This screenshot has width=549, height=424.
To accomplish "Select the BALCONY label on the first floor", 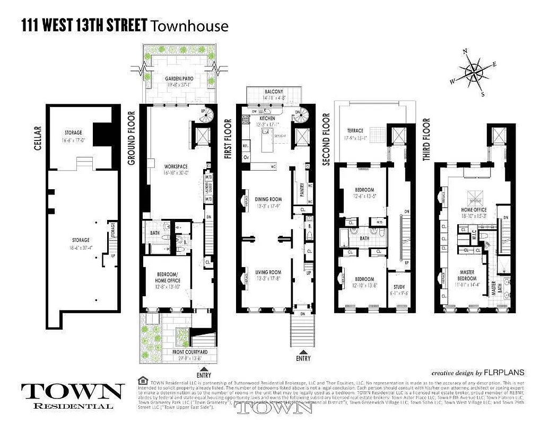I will [274, 92].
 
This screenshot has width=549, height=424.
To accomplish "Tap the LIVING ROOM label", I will [268, 272].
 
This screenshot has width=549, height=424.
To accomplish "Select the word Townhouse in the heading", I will [190, 25].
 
